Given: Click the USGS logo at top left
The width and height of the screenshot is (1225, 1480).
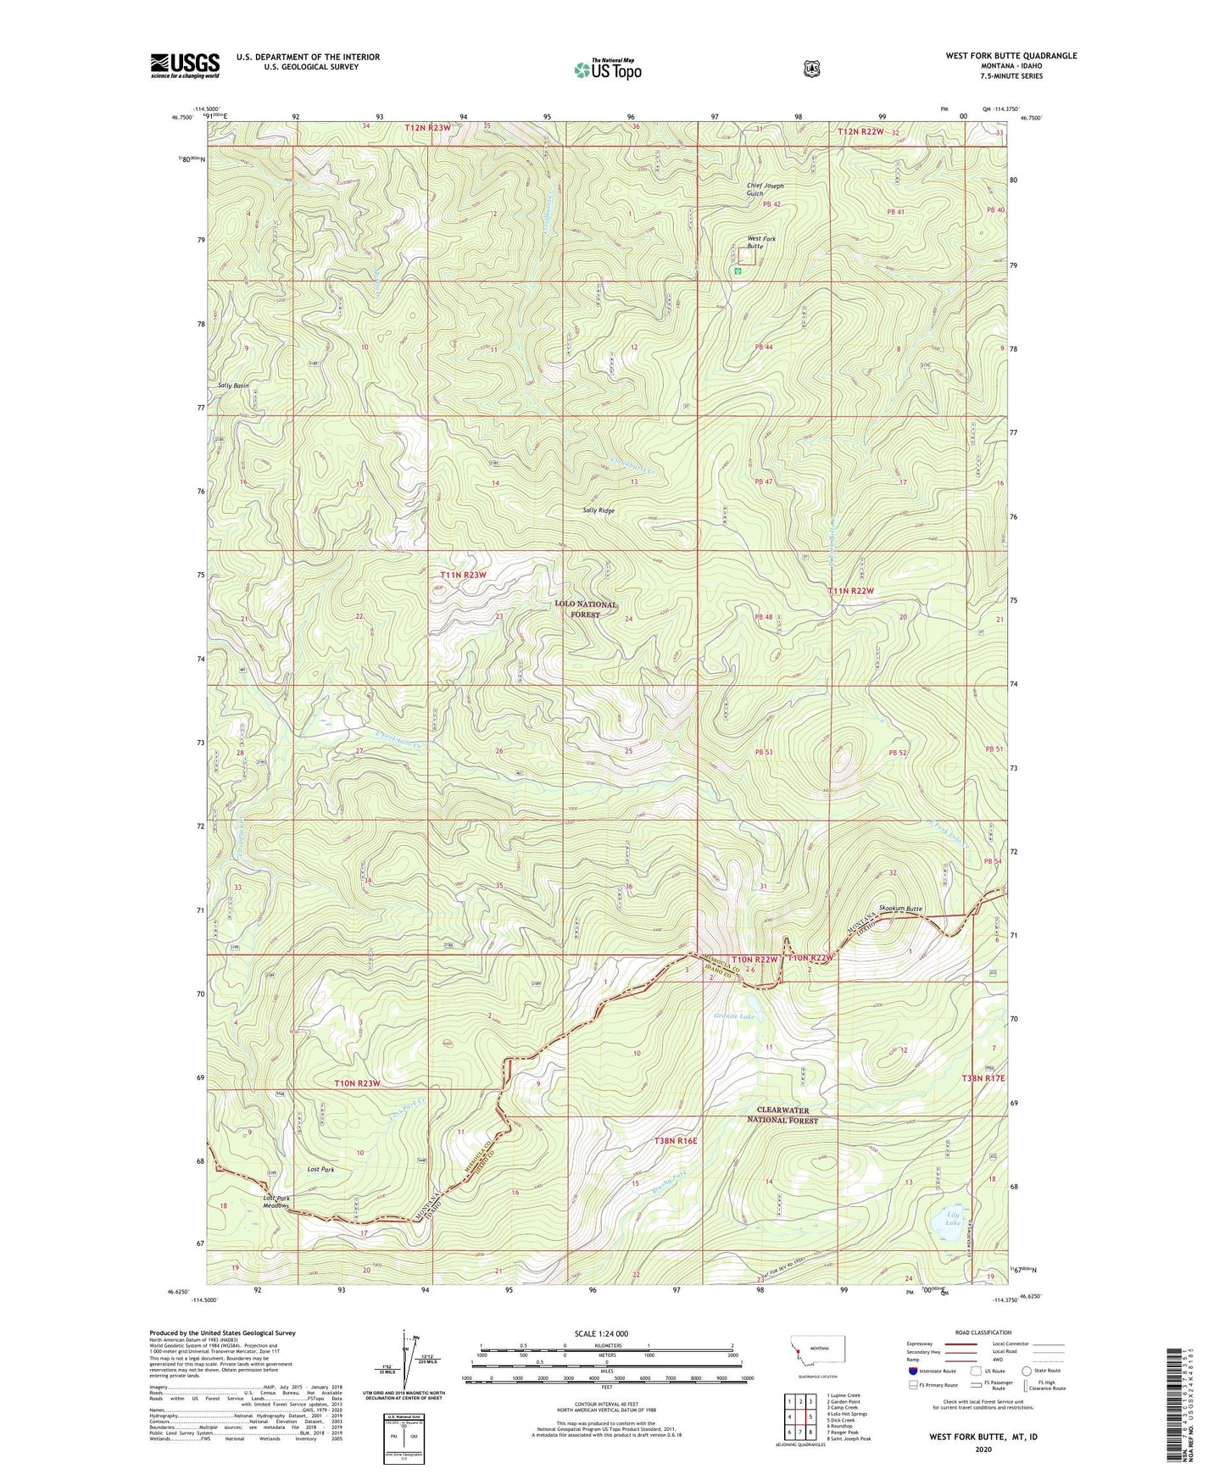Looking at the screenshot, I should [185, 65].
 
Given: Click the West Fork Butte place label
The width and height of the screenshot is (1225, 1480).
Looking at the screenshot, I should [760, 242].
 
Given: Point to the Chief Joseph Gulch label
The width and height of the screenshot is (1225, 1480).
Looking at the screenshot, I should [765, 189].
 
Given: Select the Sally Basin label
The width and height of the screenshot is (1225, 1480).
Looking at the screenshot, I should [234, 386].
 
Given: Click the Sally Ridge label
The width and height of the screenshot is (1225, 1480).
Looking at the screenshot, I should [599, 510].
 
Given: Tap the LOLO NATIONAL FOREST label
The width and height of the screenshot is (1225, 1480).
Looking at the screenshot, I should [585, 609].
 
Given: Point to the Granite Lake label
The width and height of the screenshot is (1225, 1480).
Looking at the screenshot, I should [733, 1016].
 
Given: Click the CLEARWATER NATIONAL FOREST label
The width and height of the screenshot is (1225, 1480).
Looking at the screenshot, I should [788, 1115].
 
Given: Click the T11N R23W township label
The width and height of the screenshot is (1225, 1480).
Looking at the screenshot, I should [464, 575].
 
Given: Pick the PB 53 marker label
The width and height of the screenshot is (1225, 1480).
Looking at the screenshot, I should [763, 752].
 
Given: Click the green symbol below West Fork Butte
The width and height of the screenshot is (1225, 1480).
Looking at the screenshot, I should [738, 271].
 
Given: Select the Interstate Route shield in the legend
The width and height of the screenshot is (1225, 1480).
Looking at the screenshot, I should [913, 1371].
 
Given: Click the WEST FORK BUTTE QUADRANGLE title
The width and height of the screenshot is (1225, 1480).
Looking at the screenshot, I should [1011, 56].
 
